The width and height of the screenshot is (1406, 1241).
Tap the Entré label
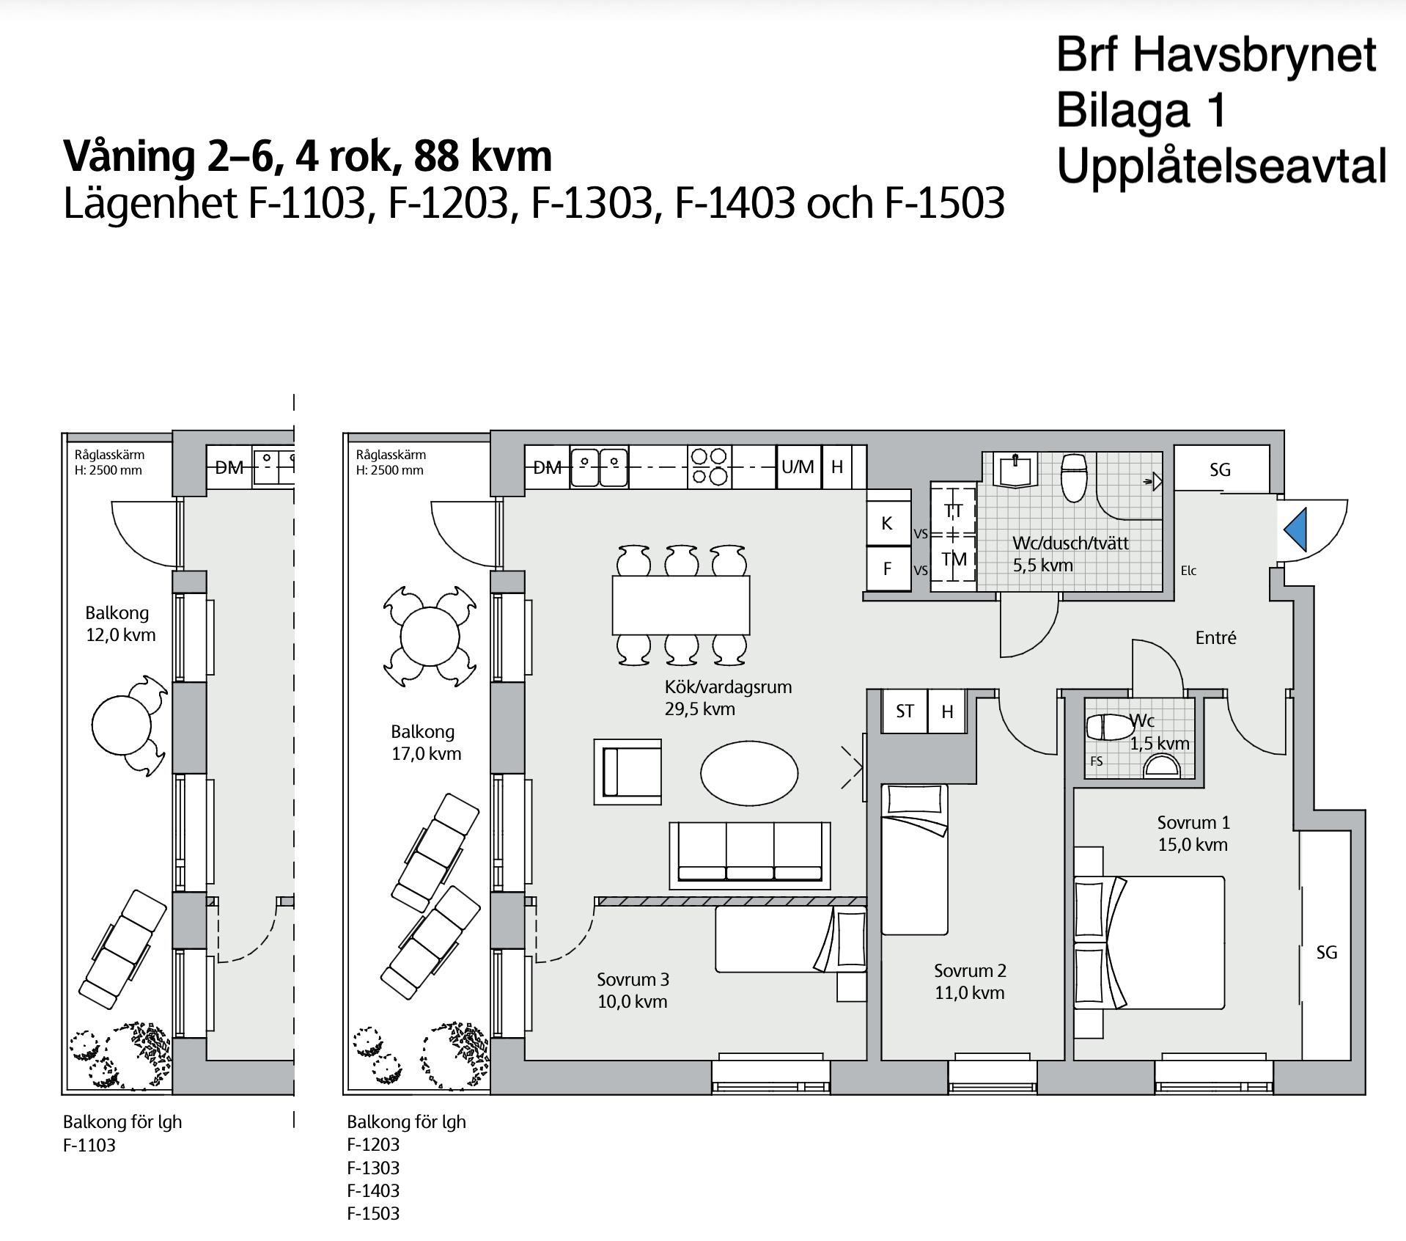tap(1215, 638)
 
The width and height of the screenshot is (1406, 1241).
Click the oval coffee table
tap(749, 773)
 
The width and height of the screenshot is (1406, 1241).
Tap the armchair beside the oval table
tap(627, 772)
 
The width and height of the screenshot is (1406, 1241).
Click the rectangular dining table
tap(681, 605)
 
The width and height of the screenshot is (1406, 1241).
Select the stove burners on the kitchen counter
tap(709, 467)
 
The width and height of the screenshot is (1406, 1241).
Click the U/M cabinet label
tap(798, 466)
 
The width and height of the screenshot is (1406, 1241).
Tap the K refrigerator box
tap(888, 523)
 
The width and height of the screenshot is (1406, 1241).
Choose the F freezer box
tap(888, 568)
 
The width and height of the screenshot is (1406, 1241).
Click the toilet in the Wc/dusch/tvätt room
tap(1074, 476)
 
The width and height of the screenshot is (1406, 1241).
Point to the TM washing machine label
tap(954, 560)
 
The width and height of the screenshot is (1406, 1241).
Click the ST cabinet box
tap(905, 711)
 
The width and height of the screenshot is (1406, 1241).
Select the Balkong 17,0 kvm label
tap(424, 742)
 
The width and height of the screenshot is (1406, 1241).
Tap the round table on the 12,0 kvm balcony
tap(122, 725)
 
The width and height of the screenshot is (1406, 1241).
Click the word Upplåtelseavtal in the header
tap(1221, 166)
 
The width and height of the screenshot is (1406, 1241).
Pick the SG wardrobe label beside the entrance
tap(1220, 470)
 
